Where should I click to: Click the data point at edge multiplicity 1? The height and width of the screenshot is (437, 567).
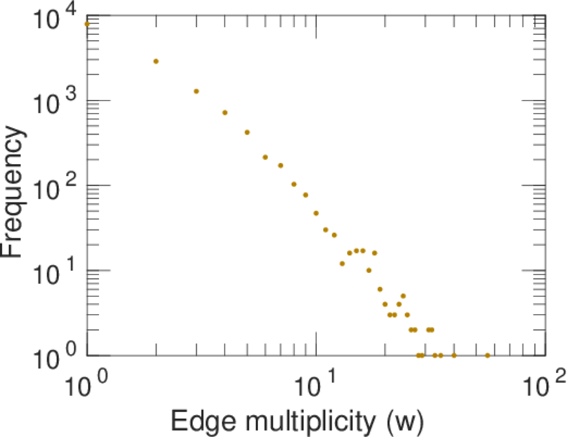pos(87,23)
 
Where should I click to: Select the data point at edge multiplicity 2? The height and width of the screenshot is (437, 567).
pos(156,61)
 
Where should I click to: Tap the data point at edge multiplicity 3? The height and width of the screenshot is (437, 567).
pos(196,91)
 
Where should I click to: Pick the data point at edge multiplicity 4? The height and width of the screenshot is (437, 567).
pos(225,112)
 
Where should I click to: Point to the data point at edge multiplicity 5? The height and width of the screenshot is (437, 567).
pos(247,132)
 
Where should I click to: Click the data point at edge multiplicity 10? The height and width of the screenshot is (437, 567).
pos(316,213)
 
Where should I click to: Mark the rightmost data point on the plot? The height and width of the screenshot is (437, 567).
pos(488,355)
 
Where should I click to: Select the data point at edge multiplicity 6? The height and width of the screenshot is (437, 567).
pos(265,157)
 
